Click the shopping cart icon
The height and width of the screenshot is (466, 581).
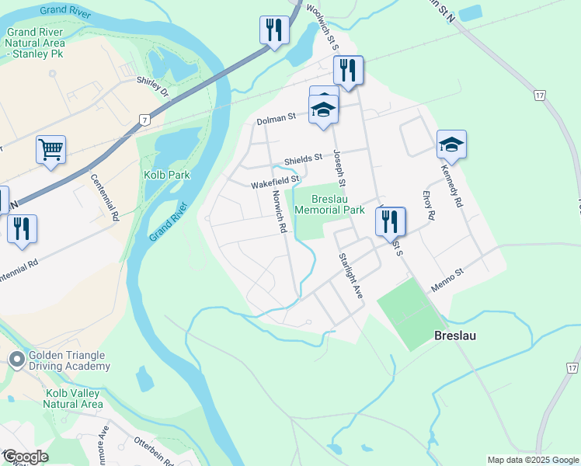(x=50, y=149)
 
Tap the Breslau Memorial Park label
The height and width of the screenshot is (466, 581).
(x=329, y=204)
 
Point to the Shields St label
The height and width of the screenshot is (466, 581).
(x=302, y=159)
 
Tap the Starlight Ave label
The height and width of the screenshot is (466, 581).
(x=350, y=276)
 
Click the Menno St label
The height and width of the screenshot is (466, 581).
(x=447, y=280)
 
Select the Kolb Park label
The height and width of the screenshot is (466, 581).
(x=167, y=175)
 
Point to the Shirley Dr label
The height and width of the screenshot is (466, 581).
(x=152, y=86)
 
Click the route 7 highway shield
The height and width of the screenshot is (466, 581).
(x=144, y=119)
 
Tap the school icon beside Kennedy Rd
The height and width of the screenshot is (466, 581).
(x=451, y=144)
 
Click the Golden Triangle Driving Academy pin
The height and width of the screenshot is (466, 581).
(x=16, y=360)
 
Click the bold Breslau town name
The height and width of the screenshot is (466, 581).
(x=454, y=336)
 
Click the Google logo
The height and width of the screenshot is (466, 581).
(x=25, y=457)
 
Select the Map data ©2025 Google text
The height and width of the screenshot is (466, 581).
(x=533, y=460)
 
